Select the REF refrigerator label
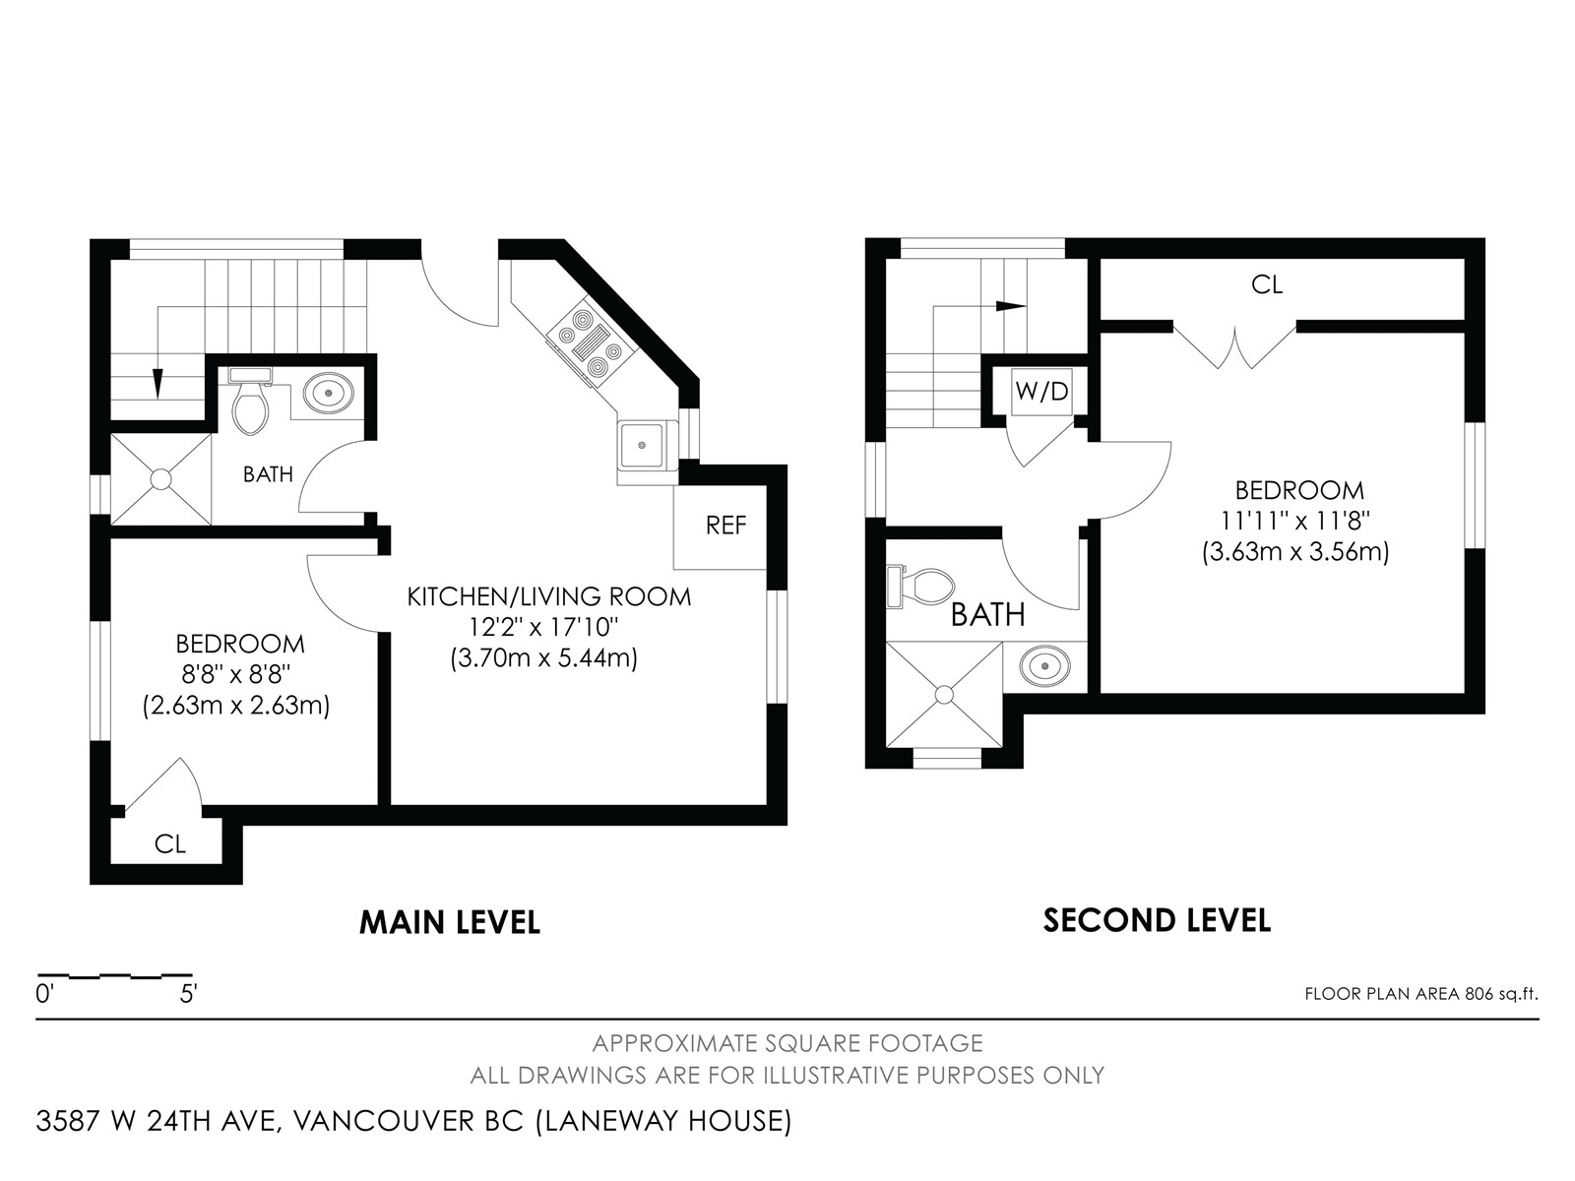click(726, 526)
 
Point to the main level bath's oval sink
click(329, 393)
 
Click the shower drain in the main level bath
click(160, 479)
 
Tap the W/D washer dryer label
click(1041, 392)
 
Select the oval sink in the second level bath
click(1044, 666)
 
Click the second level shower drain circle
click(944, 695)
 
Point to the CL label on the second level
click(1267, 285)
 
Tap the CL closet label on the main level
click(170, 844)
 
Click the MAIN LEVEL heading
click(449, 922)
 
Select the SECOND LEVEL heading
click(1157, 921)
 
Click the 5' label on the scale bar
click(189, 995)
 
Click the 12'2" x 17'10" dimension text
click(543, 628)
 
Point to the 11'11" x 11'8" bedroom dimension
click(1295, 522)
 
